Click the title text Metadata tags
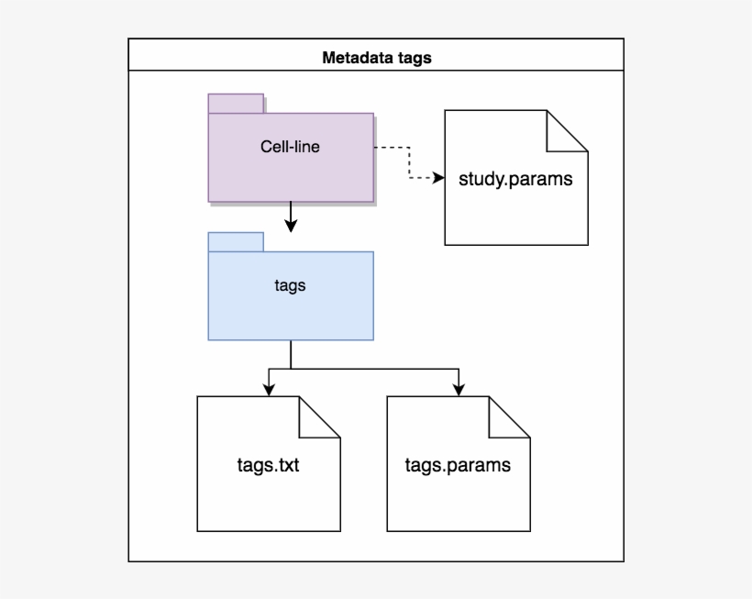click(x=376, y=58)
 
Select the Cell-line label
click(x=290, y=146)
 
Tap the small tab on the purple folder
click(x=236, y=103)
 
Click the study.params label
click(x=515, y=179)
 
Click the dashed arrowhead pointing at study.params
click(x=437, y=179)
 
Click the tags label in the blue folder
click(x=290, y=285)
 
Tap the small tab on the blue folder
click(x=236, y=242)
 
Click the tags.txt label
click(x=268, y=465)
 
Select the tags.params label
click(x=458, y=465)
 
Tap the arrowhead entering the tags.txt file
click(x=269, y=389)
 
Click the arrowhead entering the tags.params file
click(x=458, y=389)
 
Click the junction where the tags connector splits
click(x=291, y=368)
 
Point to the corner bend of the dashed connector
click(x=407, y=179)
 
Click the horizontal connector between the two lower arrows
click(x=367, y=368)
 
